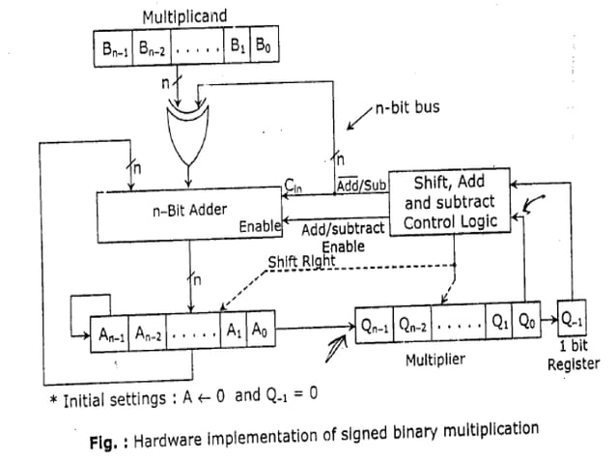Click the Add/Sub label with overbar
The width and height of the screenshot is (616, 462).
click(361, 183)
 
